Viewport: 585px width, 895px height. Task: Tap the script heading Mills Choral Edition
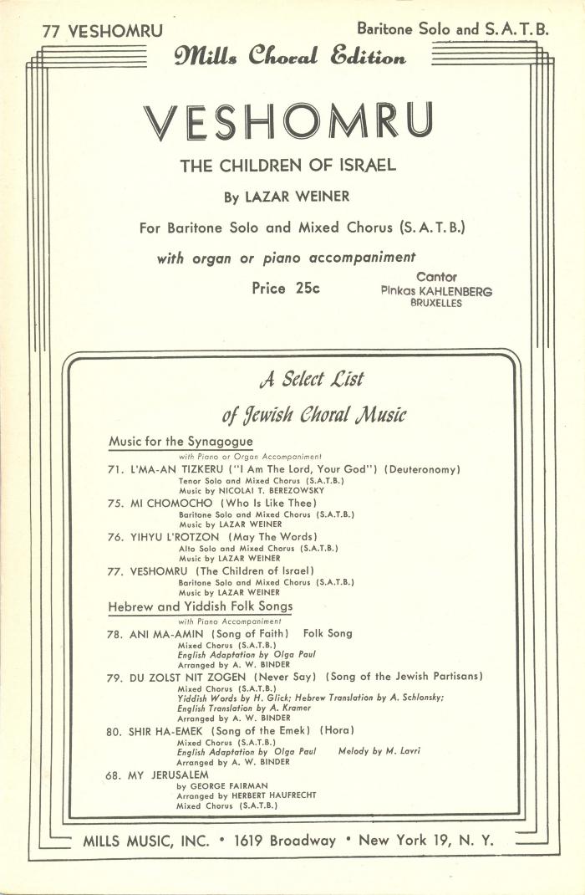(290, 58)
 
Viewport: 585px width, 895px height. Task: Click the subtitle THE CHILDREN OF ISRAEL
(288, 166)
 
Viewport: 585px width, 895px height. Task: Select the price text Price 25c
(286, 289)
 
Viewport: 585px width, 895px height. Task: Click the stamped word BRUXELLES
(435, 303)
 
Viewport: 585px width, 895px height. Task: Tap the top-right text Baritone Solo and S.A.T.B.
(452, 28)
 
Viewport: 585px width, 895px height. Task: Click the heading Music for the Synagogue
(181, 441)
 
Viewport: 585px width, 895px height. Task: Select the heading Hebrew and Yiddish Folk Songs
(201, 606)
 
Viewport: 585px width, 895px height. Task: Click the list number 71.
(116, 470)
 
